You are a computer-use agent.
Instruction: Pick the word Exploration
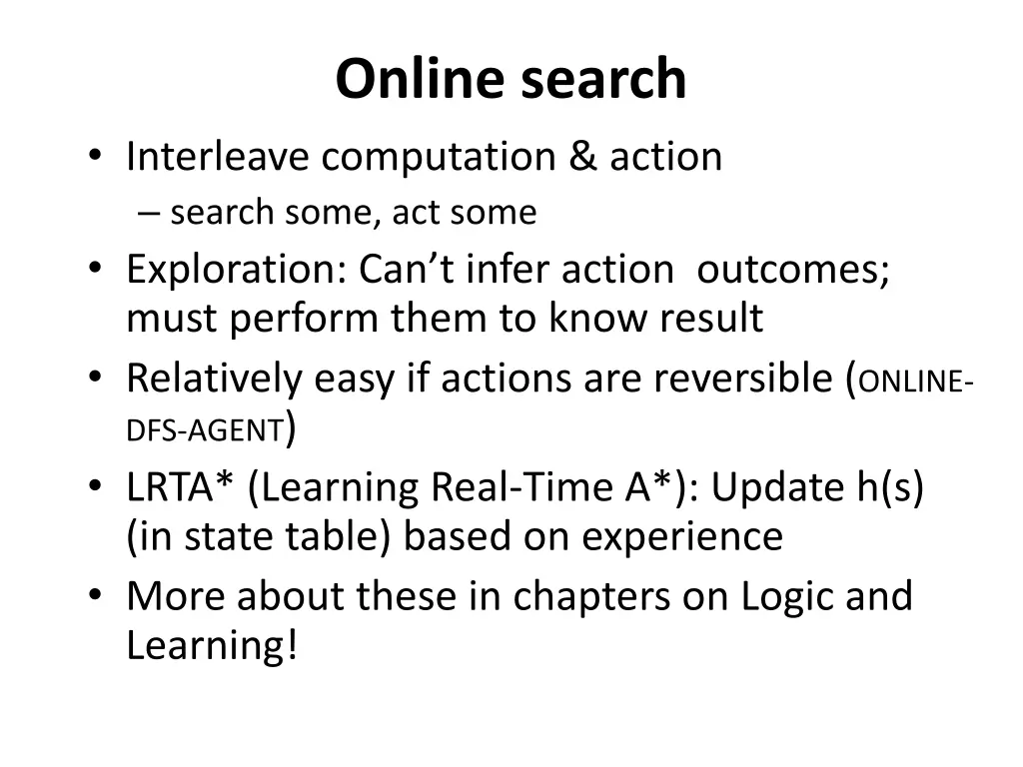pos(235,270)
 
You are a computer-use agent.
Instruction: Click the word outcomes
pos(792,270)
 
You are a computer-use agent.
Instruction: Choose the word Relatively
pos(214,379)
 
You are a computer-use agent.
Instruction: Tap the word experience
pos(682,536)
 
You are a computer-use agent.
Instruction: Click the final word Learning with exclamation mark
pos(212,646)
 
